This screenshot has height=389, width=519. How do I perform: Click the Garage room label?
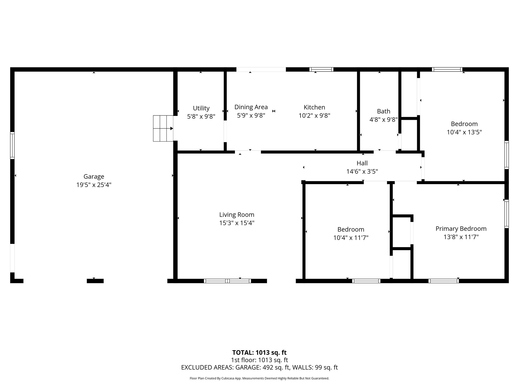coord(94,177)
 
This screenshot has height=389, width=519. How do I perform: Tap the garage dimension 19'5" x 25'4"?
coord(94,185)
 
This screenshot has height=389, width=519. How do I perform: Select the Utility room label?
coord(201,108)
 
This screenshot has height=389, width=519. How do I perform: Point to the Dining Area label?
coord(251,107)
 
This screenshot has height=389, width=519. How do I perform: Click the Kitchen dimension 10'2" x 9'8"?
coord(314,116)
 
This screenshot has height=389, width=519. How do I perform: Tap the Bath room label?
coord(383,111)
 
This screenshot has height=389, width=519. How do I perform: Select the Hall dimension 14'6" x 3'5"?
coord(362,172)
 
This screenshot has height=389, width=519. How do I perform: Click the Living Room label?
coord(237,215)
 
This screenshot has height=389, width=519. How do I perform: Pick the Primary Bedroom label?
coord(461,229)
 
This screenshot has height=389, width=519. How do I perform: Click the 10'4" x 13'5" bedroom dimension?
coord(464,132)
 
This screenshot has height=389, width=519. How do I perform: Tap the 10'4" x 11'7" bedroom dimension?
coord(351,238)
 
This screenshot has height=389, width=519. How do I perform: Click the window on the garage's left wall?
coord(12,145)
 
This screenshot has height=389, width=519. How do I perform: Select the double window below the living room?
coord(227,281)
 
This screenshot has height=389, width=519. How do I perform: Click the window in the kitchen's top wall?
coord(321,69)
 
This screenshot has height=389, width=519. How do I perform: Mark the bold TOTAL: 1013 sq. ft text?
coord(259,353)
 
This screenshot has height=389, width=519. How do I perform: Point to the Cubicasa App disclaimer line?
coord(259,378)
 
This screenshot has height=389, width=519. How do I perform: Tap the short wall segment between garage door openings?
coord(95,281)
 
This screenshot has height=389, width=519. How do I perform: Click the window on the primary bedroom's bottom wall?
coord(443,281)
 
